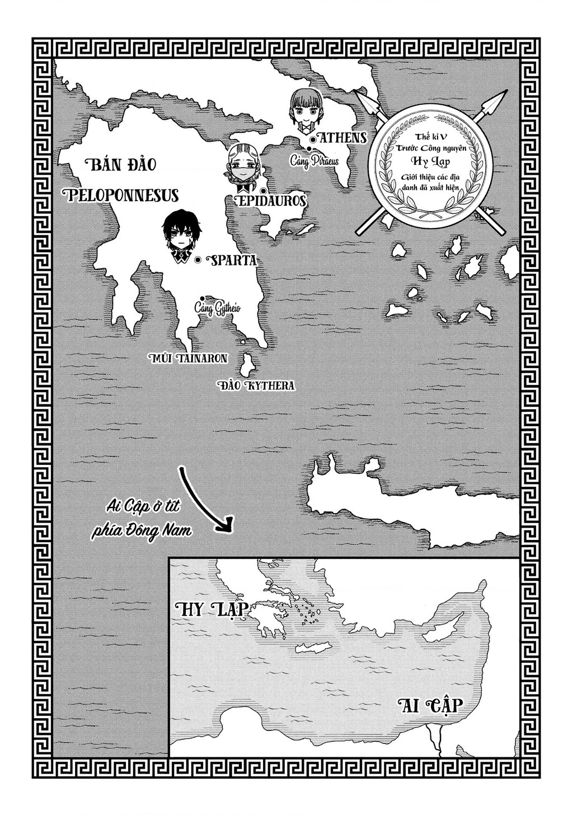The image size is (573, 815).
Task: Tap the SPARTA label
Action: (x=231, y=260)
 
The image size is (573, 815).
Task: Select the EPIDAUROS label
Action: (x=272, y=201)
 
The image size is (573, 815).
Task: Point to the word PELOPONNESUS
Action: (x=121, y=194)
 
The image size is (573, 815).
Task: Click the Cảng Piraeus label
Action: (x=314, y=160)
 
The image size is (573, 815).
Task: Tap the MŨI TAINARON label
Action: (x=187, y=358)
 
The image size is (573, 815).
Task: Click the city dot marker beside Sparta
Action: (x=198, y=260)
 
